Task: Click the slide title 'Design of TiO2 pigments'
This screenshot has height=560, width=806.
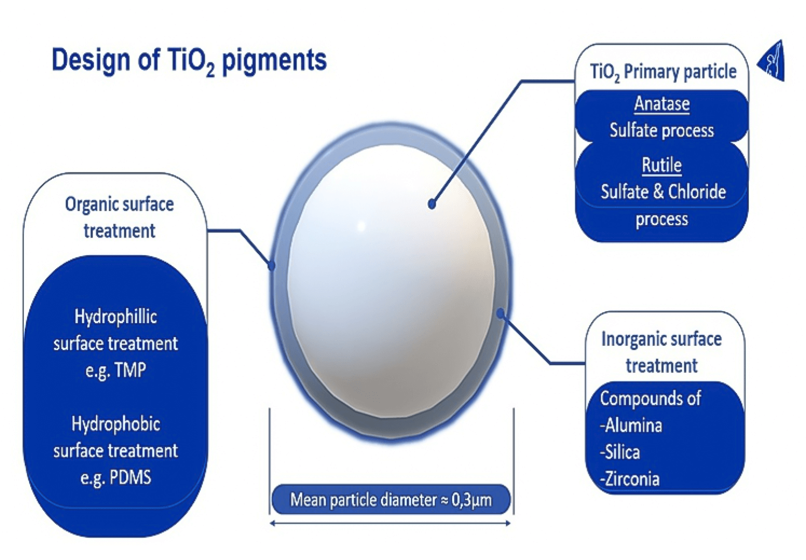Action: (189, 60)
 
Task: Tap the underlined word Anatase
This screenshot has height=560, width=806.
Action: (662, 103)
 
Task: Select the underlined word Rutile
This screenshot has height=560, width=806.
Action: (662, 165)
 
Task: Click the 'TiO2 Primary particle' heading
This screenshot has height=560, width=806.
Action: (663, 72)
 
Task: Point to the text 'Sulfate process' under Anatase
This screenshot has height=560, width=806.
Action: (662, 130)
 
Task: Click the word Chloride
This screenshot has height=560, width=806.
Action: (697, 192)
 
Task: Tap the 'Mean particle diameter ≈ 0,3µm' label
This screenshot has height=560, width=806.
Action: (391, 500)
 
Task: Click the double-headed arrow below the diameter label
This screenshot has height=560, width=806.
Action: (390, 523)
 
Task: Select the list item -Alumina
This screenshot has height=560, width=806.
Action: (631, 425)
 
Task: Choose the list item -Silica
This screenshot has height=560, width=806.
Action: (620, 452)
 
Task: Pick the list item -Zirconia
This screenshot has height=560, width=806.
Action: (630, 479)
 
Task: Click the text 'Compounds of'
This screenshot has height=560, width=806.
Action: (650, 398)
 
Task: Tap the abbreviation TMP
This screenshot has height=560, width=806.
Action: (130, 370)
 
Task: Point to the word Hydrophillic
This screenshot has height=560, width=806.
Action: (116, 317)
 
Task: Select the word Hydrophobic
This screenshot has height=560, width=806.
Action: (116, 424)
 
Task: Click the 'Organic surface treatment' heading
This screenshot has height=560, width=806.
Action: (119, 217)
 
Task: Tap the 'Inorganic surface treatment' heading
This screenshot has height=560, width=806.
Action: (661, 352)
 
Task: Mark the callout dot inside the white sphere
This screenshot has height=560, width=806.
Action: (432, 204)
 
